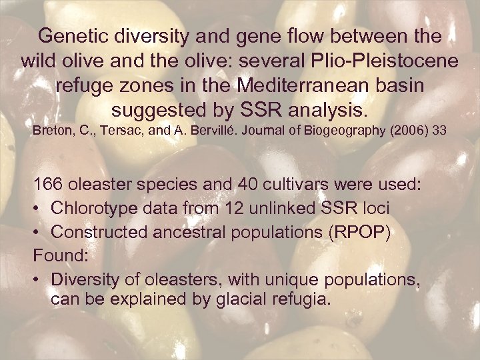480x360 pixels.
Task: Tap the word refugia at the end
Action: [302, 299]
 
